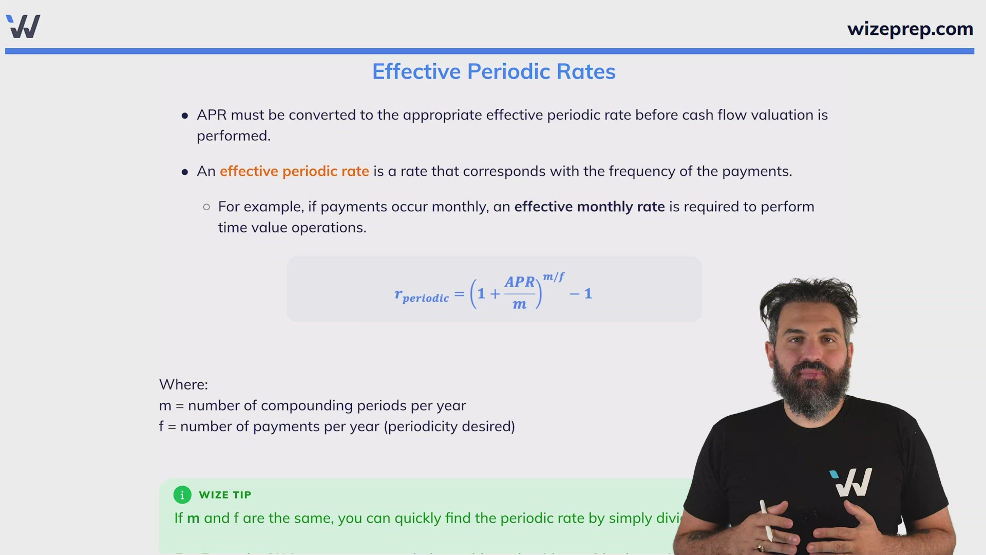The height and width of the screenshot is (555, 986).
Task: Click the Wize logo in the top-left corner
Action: [x=23, y=26]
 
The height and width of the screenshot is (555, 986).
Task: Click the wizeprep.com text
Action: [x=910, y=29]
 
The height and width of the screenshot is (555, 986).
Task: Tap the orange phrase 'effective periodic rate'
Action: [x=294, y=171]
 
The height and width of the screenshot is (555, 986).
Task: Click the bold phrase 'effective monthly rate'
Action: [x=589, y=207]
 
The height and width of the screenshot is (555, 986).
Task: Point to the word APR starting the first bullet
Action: [x=212, y=115]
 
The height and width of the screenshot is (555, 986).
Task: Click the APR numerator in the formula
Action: [x=520, y=282]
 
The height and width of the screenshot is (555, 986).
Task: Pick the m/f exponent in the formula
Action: [x=554, y=276]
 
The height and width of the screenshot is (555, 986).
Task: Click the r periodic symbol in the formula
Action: [x=421, y=295]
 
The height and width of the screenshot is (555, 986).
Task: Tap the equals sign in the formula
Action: [x=459, y=294]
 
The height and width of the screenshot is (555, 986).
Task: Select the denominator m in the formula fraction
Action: [x=519, y=304]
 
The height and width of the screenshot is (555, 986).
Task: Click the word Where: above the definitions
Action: [x=183, y=384]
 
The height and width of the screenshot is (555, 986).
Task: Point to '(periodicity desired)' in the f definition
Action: [x=449, y=427]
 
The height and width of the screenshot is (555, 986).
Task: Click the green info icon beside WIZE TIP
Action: [x=182, y=495]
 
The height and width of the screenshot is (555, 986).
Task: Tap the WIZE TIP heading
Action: [x=225, y=495]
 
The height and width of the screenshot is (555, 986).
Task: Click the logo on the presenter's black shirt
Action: [x=851, y=482]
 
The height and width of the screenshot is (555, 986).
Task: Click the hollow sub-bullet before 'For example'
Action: [x=206, y=207]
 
